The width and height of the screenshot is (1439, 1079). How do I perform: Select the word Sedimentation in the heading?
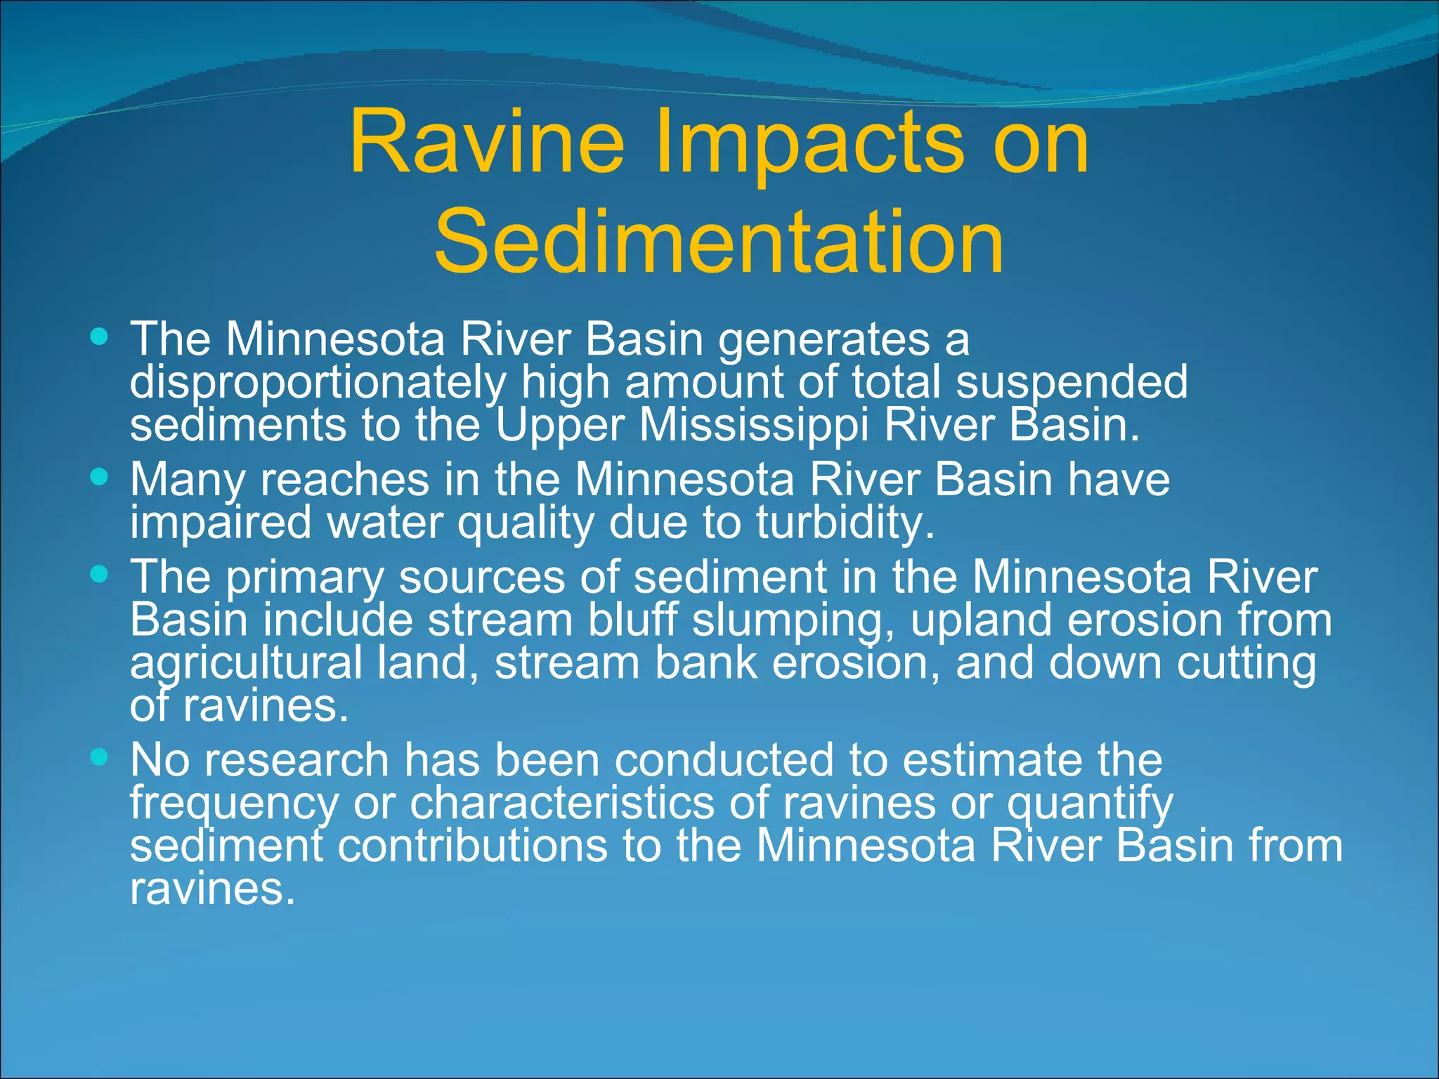[718, 242]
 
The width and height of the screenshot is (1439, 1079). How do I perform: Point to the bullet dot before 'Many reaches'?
[100, 477]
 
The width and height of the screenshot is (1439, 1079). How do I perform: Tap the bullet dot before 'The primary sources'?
[100, 575]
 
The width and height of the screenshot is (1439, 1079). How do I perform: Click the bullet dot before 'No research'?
[100, 757]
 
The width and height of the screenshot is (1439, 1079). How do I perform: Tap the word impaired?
[220, 523]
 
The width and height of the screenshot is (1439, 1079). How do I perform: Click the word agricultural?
[246, 664]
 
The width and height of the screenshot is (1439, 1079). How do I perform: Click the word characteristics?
[562, 803]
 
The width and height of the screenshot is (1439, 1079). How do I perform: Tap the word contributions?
[472, 846]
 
